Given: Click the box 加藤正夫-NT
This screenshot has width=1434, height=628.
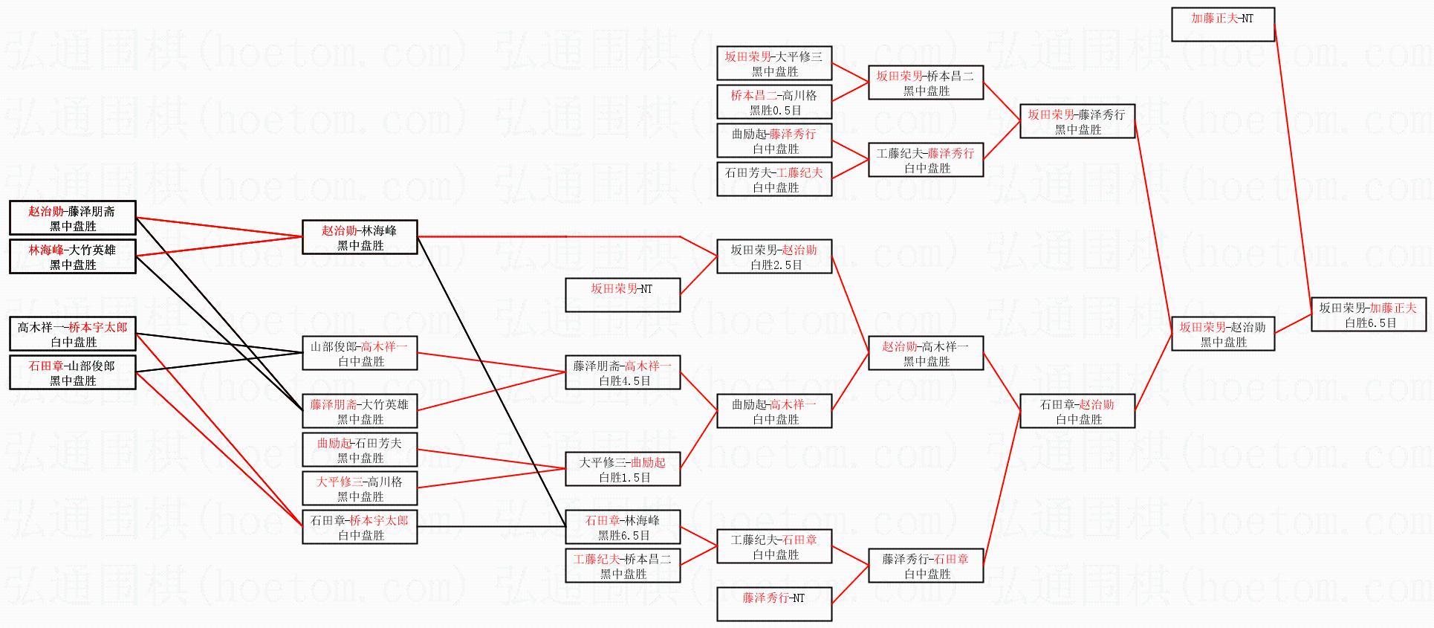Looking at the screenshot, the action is [1222, 24].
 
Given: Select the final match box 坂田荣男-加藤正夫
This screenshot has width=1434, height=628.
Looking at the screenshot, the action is [1368, 314].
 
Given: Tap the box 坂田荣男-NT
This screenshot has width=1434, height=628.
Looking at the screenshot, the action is [622, 294].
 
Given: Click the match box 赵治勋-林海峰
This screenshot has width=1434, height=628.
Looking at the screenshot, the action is [360, 237].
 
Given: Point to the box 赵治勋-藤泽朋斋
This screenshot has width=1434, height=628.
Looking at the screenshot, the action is [72, 218].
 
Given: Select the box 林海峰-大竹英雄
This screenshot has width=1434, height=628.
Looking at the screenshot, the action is [72, 256].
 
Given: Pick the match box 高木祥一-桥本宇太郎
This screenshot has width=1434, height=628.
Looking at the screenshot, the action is [72, 334].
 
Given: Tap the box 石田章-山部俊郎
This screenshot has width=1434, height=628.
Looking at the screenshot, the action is [72, 372].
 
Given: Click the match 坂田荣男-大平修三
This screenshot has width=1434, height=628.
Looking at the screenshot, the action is [773, 63].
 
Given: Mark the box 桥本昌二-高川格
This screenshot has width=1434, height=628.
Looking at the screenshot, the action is [773, 102].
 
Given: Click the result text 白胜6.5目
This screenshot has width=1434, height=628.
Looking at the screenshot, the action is [1370, 323].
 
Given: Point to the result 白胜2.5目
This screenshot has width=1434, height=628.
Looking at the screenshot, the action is [776, 265].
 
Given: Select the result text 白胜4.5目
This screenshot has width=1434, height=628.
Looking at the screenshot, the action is [624, 381].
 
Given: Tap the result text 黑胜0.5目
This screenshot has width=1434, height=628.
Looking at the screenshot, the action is [775, 111].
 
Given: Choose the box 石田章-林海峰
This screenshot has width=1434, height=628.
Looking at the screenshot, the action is [622, 527].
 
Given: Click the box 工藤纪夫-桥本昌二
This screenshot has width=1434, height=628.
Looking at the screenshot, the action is [622, 566].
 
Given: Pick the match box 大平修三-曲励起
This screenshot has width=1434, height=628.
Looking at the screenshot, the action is [622, 469].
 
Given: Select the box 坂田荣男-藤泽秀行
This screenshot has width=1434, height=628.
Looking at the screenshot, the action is [1077, 121].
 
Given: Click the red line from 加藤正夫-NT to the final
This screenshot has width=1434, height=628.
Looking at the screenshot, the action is [1293, 164].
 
